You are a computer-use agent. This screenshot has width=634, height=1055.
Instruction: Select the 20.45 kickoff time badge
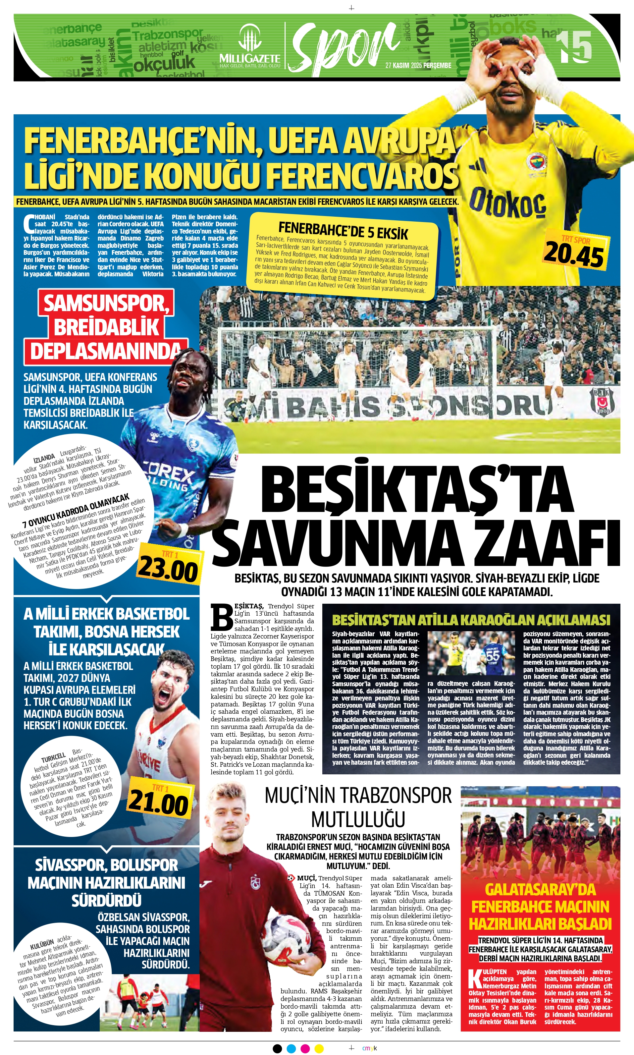[x=574, y=255]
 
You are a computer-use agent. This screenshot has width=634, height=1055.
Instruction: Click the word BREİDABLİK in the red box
[x=106, y=328]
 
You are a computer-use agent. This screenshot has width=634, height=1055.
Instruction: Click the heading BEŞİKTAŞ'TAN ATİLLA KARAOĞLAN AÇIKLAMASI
[x=471, y=620]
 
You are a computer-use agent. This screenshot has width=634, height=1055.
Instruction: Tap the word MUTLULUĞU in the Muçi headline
[x=358, y=819]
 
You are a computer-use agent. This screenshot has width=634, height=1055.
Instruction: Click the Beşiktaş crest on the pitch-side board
[x=603, y=401]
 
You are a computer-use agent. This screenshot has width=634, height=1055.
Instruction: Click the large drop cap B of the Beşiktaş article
[x=222, y=617]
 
